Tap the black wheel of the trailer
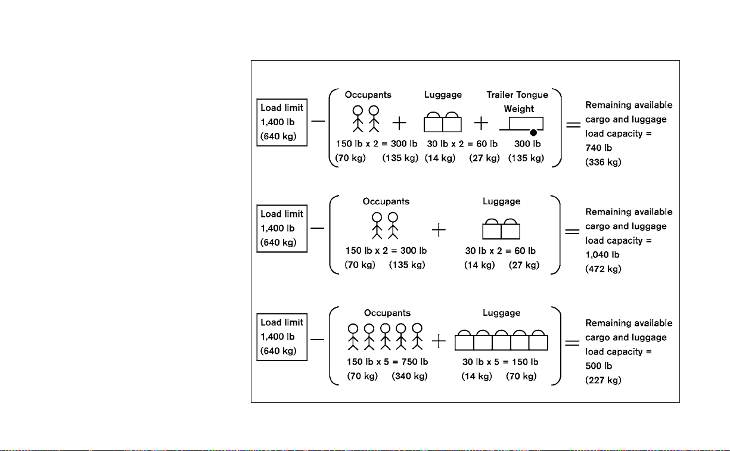[x=533, y=133]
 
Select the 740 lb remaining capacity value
[x=598, y=148]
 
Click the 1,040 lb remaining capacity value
[x=602, y=254]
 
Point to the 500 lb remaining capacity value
[x=598, y=366]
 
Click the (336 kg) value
[x=603, y=162]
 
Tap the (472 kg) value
[x=603, y=269]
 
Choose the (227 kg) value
[x=603, y=380]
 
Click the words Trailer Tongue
[x=517, y=95]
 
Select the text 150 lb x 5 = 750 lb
[x=387, y=362]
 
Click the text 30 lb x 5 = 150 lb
[x=500, y=362]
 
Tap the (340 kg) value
[x=409, y=376]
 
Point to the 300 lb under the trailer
[x=527, y=144]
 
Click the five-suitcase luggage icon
[x=501, y=340]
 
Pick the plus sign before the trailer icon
[x=481, y=123]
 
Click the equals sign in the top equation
[x=573, y=125]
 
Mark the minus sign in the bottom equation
[x=317, y=340]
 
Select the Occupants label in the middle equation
[x=386, y=201]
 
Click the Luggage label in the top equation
[x=443, y=95]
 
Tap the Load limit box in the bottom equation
[x=282, y=337]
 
